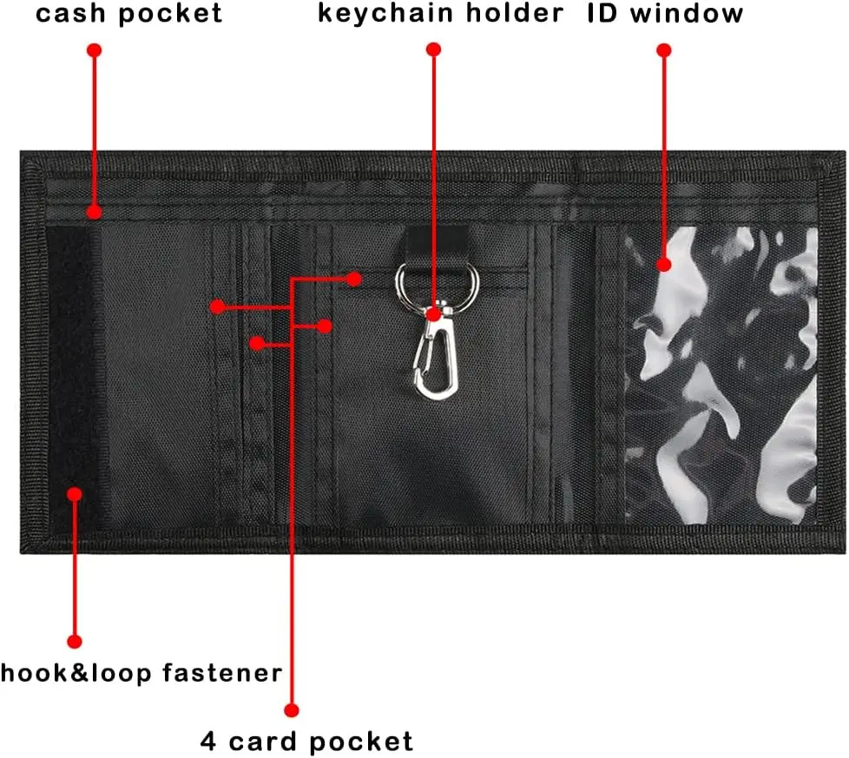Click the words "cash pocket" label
(x=128, y=14)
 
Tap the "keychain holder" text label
(x=441, y=14)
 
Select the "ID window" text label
(x=666, y=13)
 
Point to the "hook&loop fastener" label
(x=141, y=673)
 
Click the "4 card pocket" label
(x=306, y=742)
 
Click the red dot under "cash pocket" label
(x=95, y=50)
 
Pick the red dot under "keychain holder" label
(x=433, y=49)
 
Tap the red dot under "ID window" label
(x=664, y=50)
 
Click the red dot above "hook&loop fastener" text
(x=74, y=642)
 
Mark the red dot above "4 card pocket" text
(x=292, y=710)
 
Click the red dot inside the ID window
(x=664, y=265)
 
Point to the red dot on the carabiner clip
(x=433, y=314)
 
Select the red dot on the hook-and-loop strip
(x=74, y=494)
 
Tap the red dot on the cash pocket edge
(x=95, y=211)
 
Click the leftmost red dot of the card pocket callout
(x=217, y=307)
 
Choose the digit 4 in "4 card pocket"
(x=208, y=741)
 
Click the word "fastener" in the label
(x=222, y=673)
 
